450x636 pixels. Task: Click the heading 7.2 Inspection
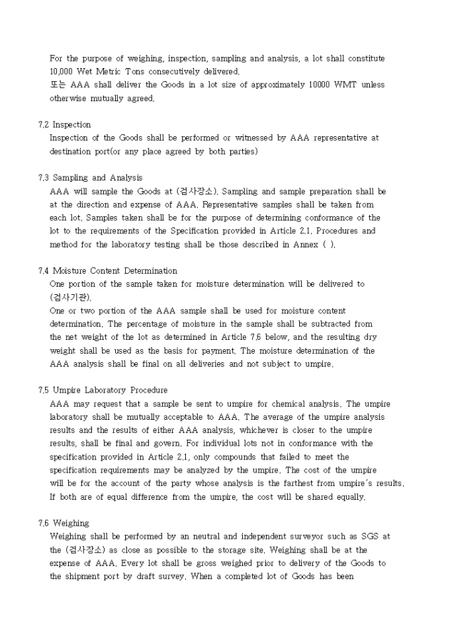(65, 124)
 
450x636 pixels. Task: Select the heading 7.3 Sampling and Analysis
(90, 178)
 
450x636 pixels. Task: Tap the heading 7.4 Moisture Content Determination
(108, 270)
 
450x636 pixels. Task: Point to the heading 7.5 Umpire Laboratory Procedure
(103, 390)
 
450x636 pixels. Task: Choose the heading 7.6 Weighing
(64, 523)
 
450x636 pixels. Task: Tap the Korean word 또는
(58, 85)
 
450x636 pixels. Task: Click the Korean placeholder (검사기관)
(71, 298)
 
